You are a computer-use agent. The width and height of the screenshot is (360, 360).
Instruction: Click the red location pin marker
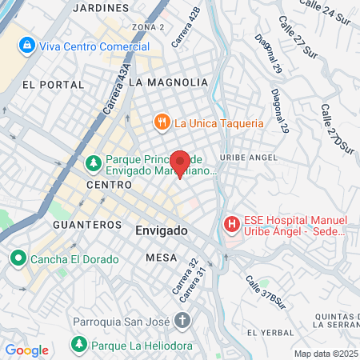(x=180, y=163)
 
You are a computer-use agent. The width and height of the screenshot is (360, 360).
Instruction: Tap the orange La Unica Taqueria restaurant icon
(x=162, y=122)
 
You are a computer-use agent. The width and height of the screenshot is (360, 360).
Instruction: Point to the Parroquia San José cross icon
(x=182, y=322)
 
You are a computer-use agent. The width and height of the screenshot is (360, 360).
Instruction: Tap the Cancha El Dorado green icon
(x=18, y=259)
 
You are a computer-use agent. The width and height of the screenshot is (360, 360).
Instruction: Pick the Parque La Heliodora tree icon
(x=78, y=346)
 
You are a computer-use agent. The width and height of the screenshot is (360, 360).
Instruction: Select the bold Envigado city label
(x=157, y=230)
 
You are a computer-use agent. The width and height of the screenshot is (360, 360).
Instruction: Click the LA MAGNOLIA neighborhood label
(x=167, y=82)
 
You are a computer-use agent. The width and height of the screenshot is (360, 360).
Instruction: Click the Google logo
(x=26, y=350)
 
